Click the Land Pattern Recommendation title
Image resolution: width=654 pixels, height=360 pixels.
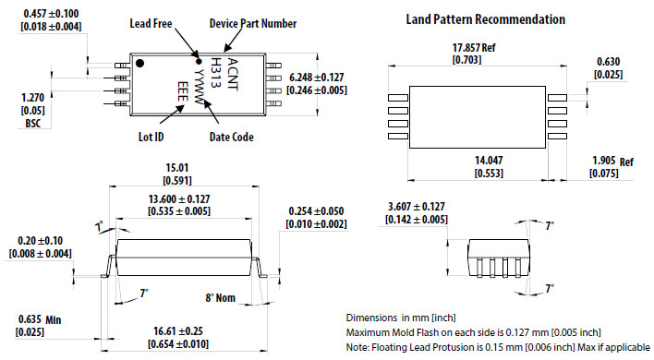486,19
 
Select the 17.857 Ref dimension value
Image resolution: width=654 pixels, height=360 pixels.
474,47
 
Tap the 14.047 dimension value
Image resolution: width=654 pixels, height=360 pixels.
489,161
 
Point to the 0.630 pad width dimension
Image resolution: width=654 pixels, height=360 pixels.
609,62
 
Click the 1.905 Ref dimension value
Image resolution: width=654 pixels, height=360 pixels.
612,161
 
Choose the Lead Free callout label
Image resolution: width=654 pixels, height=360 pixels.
151,23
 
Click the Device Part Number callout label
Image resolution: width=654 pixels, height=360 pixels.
253,23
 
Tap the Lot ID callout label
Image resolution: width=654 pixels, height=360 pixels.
151,137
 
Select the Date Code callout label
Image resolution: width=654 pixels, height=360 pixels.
232,137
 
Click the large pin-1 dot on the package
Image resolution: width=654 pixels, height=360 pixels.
140,64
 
